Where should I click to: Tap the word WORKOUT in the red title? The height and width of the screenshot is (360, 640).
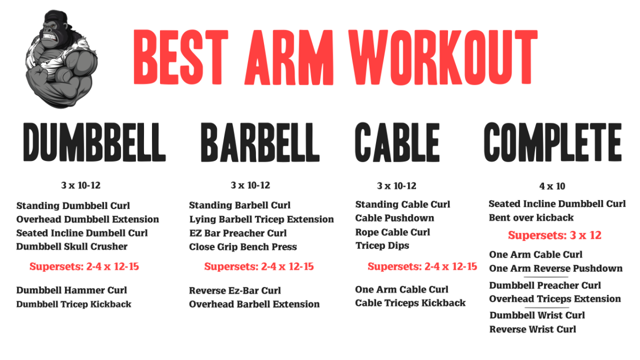click(x=443, y=57)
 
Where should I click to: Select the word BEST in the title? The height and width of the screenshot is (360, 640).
click(x=181, y=57)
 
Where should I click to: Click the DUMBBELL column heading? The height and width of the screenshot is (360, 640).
click(x=94, y=142)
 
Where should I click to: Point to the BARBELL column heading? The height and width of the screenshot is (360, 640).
click(x=260, y=142)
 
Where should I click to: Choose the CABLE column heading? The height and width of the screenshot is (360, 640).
click(x=397, y=142)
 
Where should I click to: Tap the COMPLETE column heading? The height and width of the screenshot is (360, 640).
click(x=553, y=142)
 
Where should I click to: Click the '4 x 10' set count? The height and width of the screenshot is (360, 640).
click(x=553, y=186)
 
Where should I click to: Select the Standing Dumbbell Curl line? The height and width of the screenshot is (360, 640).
click(x=73, y=206)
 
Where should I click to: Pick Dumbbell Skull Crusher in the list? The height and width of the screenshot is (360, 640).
click(x=71, y=246)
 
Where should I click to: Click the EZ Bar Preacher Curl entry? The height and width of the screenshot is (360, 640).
click(x=238, y=233)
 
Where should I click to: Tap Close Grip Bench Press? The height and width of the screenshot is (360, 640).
click(x=243, y=247)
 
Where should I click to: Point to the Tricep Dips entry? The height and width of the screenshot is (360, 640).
click(x=382, y=246)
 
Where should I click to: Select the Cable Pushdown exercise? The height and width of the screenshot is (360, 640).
click(x=395, y=218)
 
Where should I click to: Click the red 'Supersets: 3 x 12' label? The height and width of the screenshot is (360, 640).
click(x=555, y=235)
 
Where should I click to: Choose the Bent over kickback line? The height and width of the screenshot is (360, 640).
click(x=531, y=218)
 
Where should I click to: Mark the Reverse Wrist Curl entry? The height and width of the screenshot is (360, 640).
click(x=533, y=330)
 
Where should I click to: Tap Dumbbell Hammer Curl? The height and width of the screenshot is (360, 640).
click(x=71, y=290)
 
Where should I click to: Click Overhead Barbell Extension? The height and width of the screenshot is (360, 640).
click(x=254, y=305)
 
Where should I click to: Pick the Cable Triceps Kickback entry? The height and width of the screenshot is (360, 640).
click(x=411, y=303)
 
